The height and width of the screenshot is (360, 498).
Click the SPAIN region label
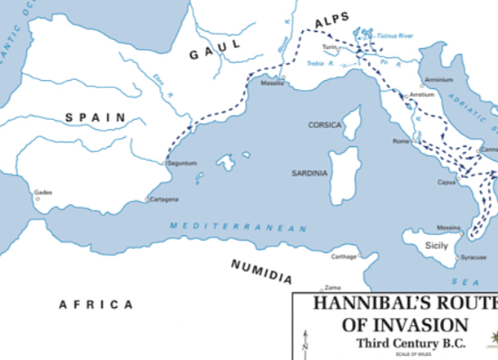96,118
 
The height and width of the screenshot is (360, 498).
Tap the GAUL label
216,51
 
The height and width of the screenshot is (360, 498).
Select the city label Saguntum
181,163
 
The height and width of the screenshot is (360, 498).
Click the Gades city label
42,193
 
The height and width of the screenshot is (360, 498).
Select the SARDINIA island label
309,173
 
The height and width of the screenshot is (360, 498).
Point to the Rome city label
400,142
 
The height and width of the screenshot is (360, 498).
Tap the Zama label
332,287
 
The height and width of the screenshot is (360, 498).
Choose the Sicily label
437,244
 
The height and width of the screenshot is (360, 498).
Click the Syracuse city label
474,257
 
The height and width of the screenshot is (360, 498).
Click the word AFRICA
96,304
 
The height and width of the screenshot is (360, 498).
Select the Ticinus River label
395,36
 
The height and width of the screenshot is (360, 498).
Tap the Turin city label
329,47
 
